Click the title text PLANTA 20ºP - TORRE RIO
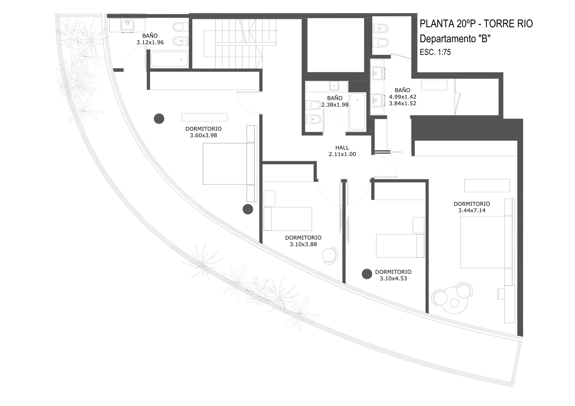coord(476,24)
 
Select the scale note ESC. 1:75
coord(435,52)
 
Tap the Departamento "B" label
coord(455,39)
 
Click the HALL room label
coord(342,148)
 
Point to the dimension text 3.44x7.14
coord(472,210)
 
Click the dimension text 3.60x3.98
coord(203,135)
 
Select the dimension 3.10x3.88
coord(303,244)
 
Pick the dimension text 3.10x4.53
coord(393,279)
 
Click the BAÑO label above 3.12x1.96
coord(150,36)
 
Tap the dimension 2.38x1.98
coord(335,105)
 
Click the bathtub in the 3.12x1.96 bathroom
coord(170,59)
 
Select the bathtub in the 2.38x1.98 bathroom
coord(357,112)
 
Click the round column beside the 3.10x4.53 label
coord(367,274)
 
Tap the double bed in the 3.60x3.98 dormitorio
coord(229,164)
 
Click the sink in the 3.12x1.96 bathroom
coord(128,25)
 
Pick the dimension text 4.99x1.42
coord(402,97)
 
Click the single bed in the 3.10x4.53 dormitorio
coord(400,246)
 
